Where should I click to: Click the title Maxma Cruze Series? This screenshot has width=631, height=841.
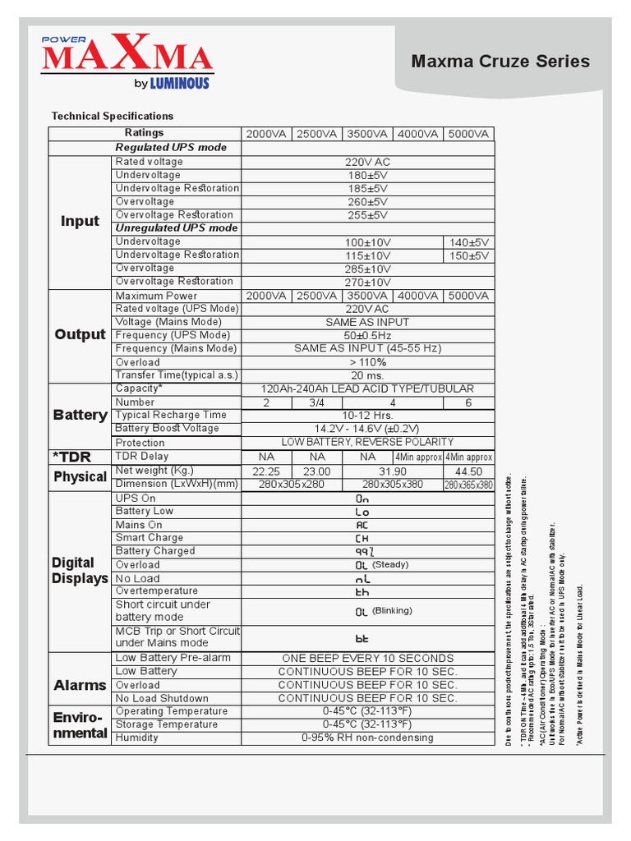coord(500,62)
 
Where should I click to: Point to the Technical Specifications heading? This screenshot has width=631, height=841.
coord(113,116)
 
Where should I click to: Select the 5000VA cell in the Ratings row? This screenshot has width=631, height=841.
coord(468,134)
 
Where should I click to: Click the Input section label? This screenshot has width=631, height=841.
coord(80,221)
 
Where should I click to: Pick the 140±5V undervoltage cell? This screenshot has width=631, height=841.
coord(469,242)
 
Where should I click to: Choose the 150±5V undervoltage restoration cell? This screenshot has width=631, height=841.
coord(469,255)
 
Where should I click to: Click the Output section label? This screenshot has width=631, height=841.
coord(80,334)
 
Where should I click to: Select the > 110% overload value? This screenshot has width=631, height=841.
coord(367,362)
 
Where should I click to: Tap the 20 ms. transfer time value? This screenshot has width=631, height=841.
coord(367,375)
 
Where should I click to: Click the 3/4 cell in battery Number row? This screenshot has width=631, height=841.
coord(316,402)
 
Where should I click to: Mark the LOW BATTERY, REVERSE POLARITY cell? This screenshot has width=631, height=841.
coord(367,442)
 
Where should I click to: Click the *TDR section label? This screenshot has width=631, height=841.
coord(72,457)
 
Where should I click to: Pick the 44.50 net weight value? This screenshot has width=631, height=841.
coord(468,471)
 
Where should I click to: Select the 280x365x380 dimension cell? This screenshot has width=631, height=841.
coord(468,485)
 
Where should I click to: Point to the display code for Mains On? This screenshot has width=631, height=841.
coord(362,525)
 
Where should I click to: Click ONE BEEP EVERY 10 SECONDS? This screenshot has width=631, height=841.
coord(367,658)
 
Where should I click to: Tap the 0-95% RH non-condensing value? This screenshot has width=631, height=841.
coord(367,738)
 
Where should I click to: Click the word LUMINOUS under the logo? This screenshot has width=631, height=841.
coord(179,83)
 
